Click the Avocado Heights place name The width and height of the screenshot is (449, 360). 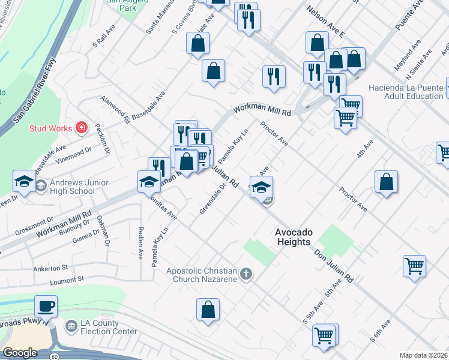point(292,237)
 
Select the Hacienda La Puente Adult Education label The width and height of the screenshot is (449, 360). point(406,92)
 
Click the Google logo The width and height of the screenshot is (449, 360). point(20,353)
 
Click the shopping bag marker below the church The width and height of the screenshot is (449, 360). point(208,311)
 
